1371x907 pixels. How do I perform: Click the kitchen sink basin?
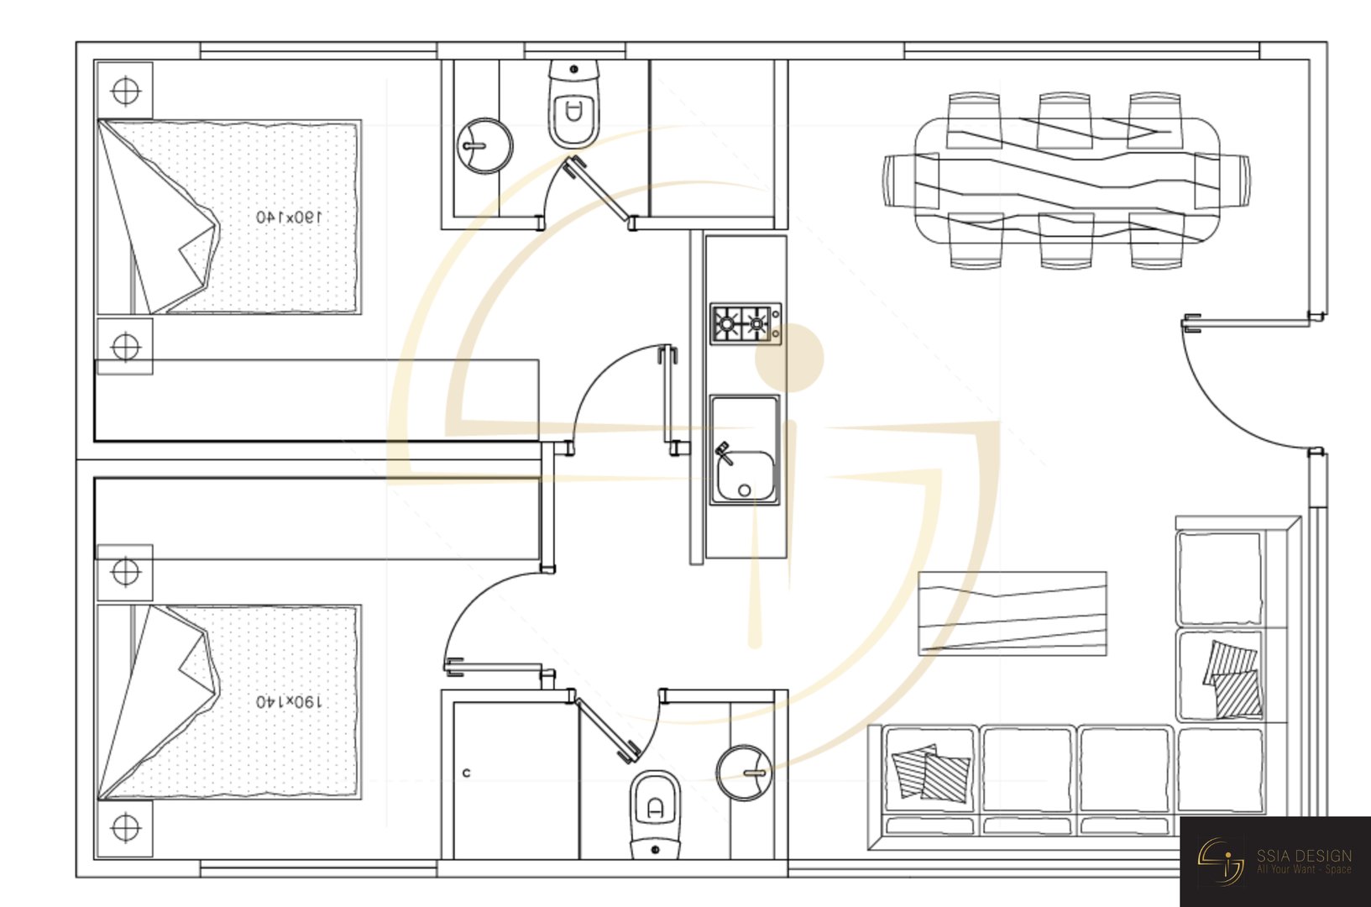[745, 476]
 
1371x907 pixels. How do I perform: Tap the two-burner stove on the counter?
[743, 322]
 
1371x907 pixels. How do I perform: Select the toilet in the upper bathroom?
[574, 107]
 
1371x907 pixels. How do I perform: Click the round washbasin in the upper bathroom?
[484, 146]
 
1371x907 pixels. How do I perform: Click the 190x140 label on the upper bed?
[289, 217]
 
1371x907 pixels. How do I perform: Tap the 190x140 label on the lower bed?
[289, 700]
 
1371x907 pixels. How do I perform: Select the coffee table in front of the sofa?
[1013, 613]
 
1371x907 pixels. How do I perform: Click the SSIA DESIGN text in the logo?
[1304, 856]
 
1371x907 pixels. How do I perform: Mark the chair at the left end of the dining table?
[910, 180]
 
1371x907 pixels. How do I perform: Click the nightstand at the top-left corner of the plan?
[125, 91]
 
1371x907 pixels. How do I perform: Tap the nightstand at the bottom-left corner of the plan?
[125, 828]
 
